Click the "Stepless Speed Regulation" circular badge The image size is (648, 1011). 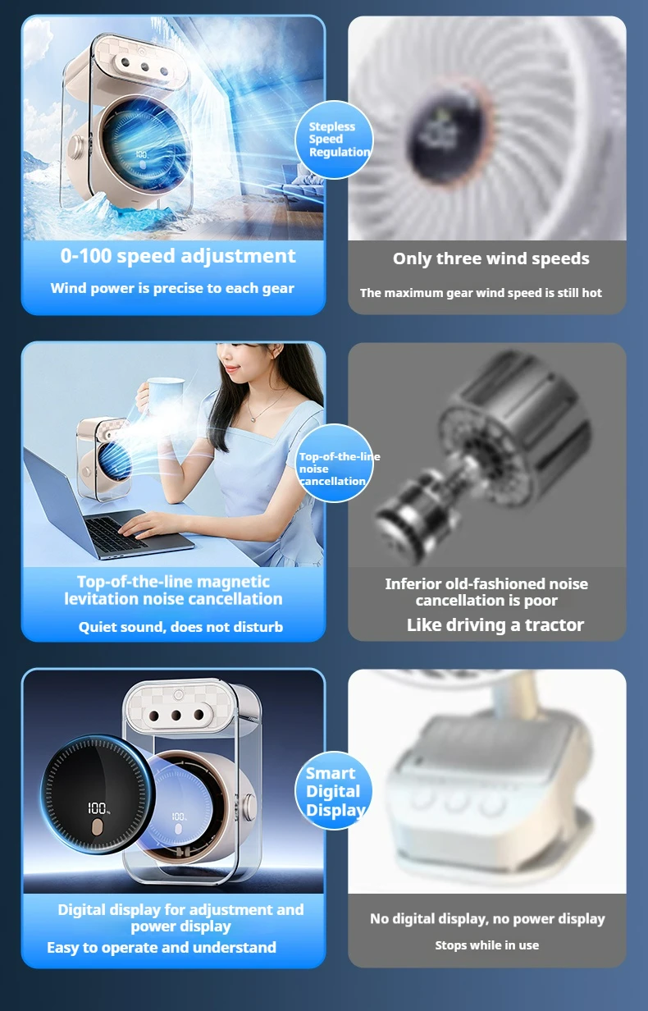tap(334, 140)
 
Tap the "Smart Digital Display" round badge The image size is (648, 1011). tap(334, 790)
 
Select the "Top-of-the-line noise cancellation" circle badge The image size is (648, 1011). tap(334, 463)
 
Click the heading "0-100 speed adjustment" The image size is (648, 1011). tap(178, 256)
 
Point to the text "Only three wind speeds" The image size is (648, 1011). tap(491, 258)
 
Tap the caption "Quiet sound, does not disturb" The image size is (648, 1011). tap(180, 627)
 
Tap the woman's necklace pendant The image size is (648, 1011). tap(254, 419)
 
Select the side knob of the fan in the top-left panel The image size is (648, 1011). tap(77, 147)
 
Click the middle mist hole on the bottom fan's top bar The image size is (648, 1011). tap(176, 715)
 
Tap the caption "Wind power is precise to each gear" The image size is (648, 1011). tap(172, 288)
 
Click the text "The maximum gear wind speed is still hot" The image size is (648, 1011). tap(481, 293)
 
